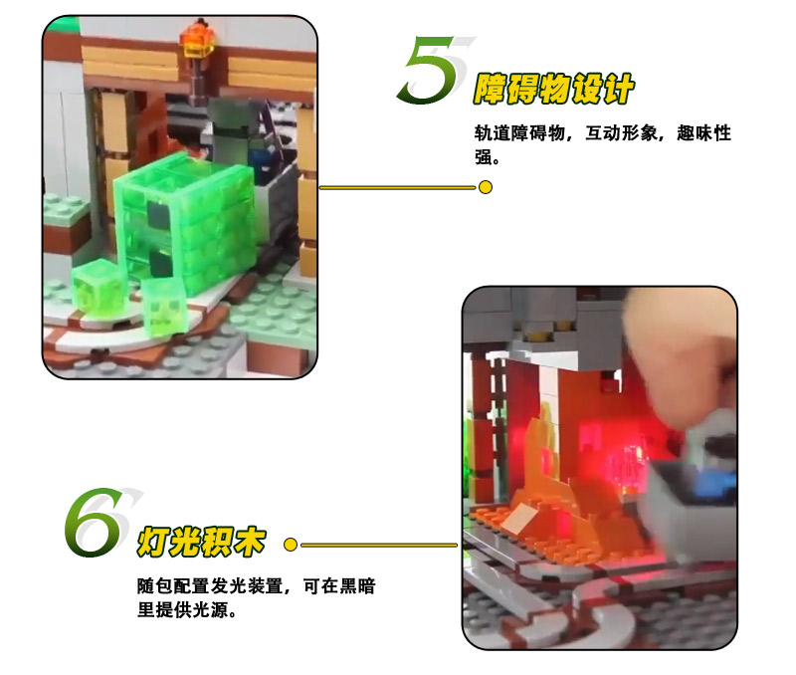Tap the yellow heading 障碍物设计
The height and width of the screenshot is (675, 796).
point(554,89)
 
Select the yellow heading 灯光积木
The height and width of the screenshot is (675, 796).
point(202,542)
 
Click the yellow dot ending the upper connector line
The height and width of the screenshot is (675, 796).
point(486,187)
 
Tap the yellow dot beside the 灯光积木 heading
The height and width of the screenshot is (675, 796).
point(291,545)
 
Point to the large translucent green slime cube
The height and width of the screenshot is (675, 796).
point(184,223)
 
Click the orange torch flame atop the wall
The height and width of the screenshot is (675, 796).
point(198,38)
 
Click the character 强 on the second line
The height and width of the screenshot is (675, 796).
point(484,157)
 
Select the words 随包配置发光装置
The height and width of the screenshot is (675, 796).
point(210,586)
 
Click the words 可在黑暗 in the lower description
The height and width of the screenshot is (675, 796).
point(339,586)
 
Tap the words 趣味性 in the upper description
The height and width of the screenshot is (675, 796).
point(704,133)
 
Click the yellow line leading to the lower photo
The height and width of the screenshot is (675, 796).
point(379,545)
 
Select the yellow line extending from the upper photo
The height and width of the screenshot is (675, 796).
point(398,187)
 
